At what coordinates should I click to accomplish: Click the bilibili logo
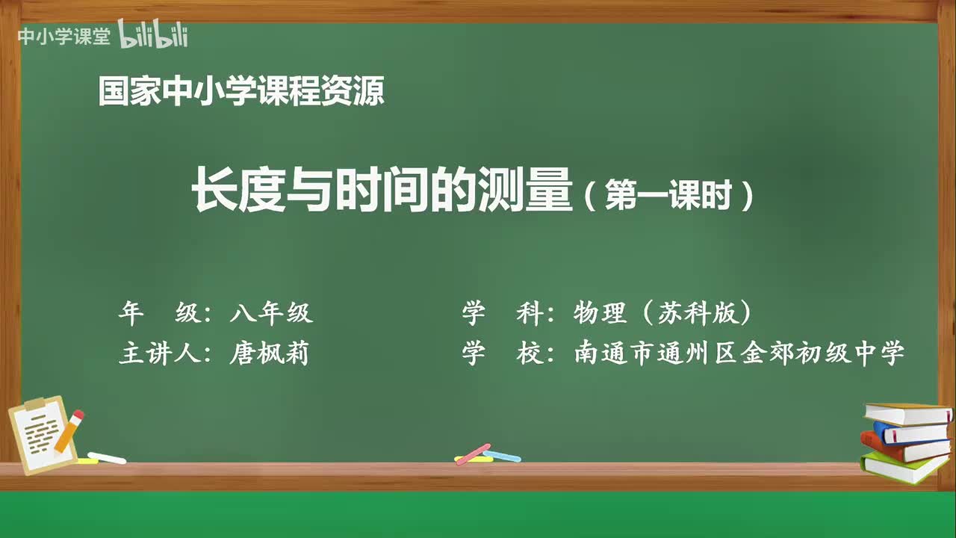pyautogui.click(x=153, y=35)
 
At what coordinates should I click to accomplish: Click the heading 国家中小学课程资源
pyautogui.click(x=241, y=93)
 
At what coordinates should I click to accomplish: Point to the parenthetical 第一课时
pyautogui.click(x=667, y=197)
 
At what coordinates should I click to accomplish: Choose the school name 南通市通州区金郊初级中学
pyautogui.click(x=739, y=353)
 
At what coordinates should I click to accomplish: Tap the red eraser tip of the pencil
pyautogui.click(x=78, y=415)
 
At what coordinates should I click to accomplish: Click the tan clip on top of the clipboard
pyautogui.click(x=34, y=404)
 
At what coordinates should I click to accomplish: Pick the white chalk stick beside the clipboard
pyautogui.click(x=107, y=457)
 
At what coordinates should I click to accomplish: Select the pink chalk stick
pyautogui.click(x=473, y=453)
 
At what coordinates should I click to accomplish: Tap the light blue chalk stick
pyautogui.click(x=503, y=456)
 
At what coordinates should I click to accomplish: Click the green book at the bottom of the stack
pyautogui.click(x=904, y=467)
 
